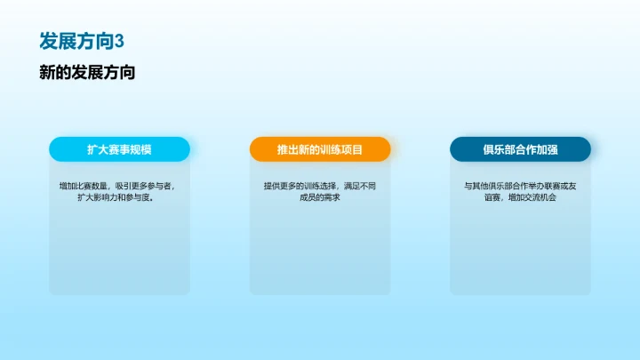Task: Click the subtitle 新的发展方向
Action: (x=87, y=73)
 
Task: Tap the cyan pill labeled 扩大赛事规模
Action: (x=119, y=149)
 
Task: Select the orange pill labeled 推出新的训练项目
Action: (x=320, y=149)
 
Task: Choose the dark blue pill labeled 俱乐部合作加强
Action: (x=520, y=149)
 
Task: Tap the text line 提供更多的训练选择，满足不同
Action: (x=320, y=186)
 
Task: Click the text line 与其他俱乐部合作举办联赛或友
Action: (x=520, y=186)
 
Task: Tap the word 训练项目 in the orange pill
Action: (x=341, y=149)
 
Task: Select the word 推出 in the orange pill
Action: (x=287, y=149)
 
